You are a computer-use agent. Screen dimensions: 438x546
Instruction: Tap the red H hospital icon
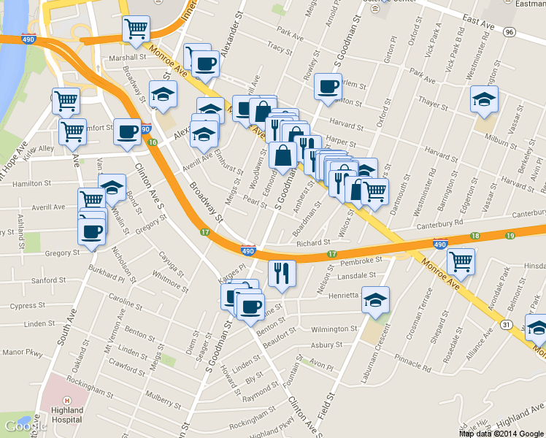[66, 400]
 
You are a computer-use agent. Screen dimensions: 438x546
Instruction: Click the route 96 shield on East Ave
[510, 32]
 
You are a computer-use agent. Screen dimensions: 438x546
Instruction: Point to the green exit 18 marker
[475, 236]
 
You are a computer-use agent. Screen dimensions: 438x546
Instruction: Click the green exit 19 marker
[509, 235]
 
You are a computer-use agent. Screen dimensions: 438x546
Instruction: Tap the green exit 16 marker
[152, 142]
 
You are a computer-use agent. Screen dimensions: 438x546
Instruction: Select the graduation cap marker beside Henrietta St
[375, 299]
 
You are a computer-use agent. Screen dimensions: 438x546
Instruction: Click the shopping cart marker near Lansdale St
[461, 261]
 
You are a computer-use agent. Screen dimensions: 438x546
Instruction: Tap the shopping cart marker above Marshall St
[136, 29]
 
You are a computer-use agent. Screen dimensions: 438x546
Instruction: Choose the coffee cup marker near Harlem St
[328, 86]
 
